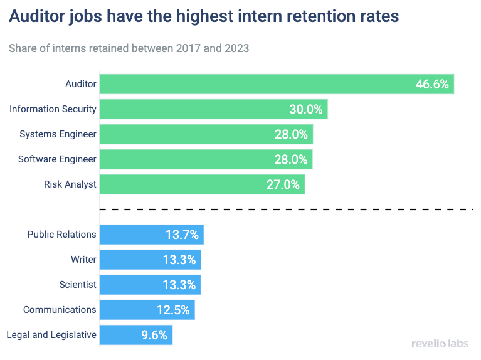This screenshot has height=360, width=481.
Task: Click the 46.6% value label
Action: tap(432, 84)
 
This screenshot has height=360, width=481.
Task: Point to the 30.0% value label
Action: tap(305, 109)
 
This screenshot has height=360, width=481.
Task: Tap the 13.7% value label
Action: tap(182, 235)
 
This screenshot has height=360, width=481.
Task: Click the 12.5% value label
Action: tap(173, 310)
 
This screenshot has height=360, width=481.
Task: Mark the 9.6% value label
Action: tap(154, 335)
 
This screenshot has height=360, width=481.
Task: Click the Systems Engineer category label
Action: tap(58, 134)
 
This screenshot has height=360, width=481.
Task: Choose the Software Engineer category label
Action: tap(57, 159)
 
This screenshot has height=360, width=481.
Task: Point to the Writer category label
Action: tap(83, 260)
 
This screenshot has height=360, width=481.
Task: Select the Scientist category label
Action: tap(78, 285)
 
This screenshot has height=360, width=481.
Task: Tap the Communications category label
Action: tap(60, 310)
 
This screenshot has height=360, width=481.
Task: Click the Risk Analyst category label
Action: tap(70, 184)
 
